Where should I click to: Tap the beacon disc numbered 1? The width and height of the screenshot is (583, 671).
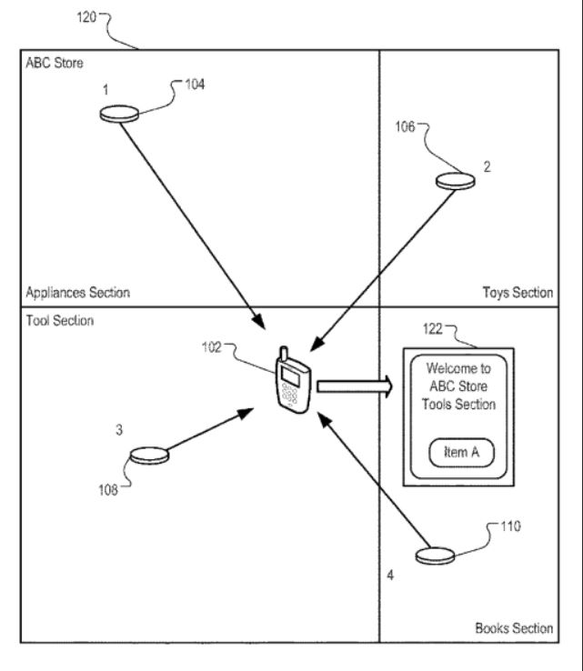pyautogui.click(x=119, y=114)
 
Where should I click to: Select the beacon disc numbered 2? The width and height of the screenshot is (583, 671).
pyautogui.click(x=455, y=181)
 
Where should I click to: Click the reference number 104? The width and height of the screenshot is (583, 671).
pyautogui.click(x=194, y=85)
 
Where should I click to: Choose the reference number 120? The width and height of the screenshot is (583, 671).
pyautogui.click(x=114, y=18)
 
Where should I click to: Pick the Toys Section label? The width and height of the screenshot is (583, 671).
pyautogui.click(x=517, y=293)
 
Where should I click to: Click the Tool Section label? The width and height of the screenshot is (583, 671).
pyautogui.click(x=55, y=321)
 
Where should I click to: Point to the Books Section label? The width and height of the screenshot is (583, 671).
pyautogui.click(x=513, y=628)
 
